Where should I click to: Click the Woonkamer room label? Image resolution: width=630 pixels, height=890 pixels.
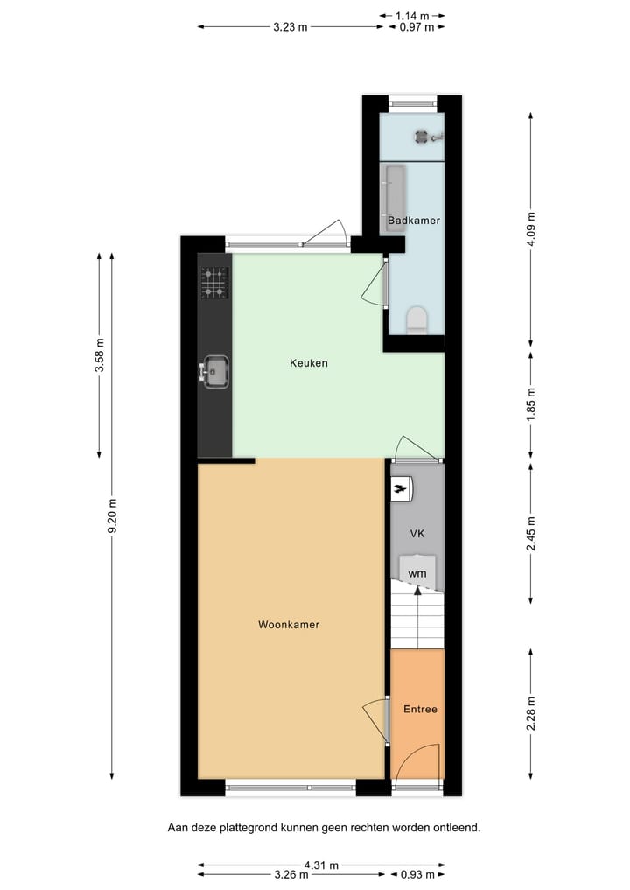[288, 625]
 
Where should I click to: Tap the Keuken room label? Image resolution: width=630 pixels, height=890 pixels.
[308, 362]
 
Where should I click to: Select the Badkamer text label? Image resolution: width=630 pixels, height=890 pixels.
[414, 221]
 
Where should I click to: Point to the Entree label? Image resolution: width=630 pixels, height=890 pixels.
[419, 709]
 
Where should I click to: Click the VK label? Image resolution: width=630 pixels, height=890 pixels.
[417, 533]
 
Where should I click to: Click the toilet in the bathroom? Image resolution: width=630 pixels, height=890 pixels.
[416, 319]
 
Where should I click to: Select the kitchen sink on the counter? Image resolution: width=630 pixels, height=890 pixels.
[214, 371]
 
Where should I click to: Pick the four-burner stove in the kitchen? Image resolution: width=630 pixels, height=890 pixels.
[214, 283]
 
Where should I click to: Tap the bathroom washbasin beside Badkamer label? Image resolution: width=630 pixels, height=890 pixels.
[393, 191]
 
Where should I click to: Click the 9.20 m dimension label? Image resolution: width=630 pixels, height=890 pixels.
[112, 515]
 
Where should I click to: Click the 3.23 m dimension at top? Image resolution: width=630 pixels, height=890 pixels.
[290, 27]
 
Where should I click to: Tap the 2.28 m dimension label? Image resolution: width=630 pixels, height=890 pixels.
[531, 713]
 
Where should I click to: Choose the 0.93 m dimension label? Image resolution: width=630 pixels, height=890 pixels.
[416, 874]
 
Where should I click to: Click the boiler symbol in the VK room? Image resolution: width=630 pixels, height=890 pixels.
[402, 489]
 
